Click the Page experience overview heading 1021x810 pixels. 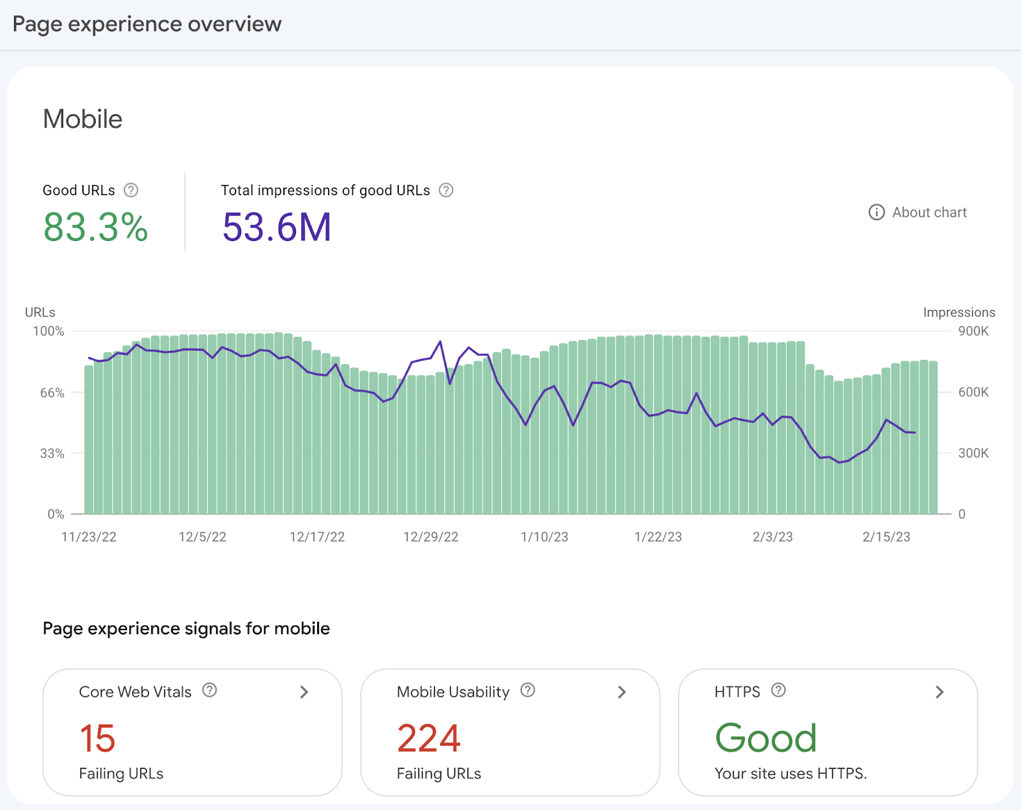click(147, 24)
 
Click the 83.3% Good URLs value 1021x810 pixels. click(96, 227)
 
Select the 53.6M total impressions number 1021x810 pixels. click(277, 227)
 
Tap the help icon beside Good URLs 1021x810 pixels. click(131, 190)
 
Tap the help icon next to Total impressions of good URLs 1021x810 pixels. click(446, 190)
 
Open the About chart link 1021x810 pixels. click(918, 212)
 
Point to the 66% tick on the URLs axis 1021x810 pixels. click(52, 393)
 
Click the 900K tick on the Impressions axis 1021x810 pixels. click(973, 331)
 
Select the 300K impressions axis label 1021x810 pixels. click(973, 453)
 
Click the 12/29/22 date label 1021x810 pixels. click(431, 537)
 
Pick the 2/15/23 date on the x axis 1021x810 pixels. click(886, 537)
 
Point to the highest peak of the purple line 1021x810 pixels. click(440, 342)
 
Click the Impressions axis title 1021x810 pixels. click(958, 313)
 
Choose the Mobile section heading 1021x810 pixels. click(83, 119)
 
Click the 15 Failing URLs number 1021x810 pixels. click(97, 739)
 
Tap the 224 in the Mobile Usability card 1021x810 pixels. click(428, 739)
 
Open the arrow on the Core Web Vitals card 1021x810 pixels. click(304, 692)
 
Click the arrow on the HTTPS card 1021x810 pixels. click(939, 692)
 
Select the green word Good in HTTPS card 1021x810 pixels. click(766, 738)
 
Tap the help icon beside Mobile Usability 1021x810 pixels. click(528, 690)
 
